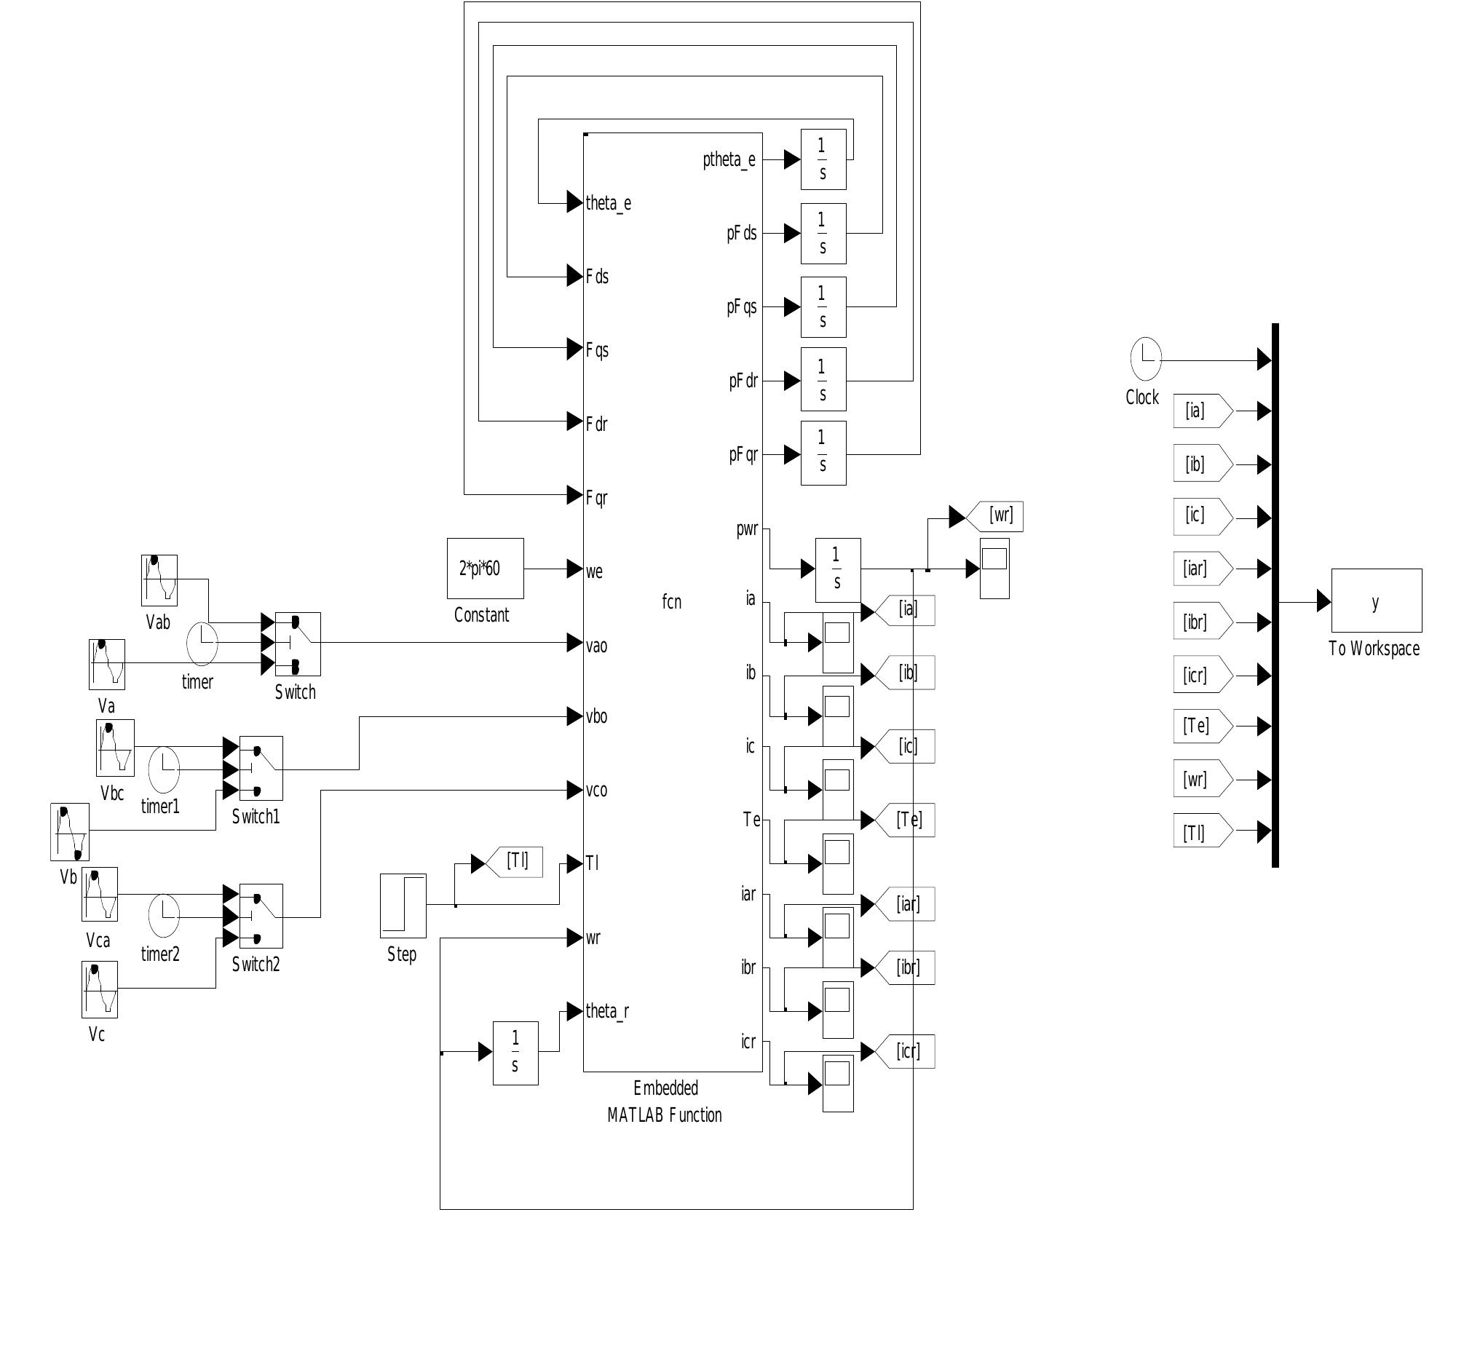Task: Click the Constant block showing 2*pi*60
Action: (x=485, y=569)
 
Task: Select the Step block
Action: (x=403, y=906)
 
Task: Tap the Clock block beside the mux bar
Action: (x=1146, y=359)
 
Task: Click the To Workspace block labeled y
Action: (x=1376, y=601)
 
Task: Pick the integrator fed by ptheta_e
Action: (x=823, y=159)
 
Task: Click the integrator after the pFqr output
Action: (x=823, y=454)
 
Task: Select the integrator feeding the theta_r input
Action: (x=515, y=1053)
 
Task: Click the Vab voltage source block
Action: (x=159, y=580)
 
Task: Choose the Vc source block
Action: (x=100, y=990)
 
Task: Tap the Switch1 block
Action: (x=261, y=769)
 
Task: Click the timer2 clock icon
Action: (x=163, y=916)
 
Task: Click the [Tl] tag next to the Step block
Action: (x=516, y=863)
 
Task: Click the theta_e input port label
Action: (x=608, y=203)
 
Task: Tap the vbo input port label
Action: (x=596, y=716)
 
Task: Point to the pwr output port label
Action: (x=748, y=529)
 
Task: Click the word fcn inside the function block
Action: (x=671, y=602)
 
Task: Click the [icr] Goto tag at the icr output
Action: (x=907, y=1052)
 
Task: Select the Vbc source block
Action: (x=115, y=748)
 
